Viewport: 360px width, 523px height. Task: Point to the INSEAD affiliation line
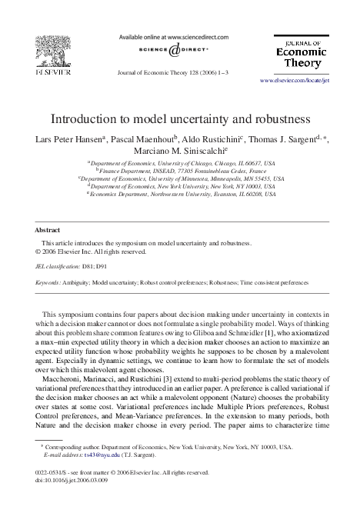pos(180,170)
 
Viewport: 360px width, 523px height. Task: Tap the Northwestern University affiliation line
pos(180,194)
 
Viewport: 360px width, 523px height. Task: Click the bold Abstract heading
pos(48,230)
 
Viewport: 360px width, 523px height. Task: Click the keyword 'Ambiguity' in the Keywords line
pos(82,283)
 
